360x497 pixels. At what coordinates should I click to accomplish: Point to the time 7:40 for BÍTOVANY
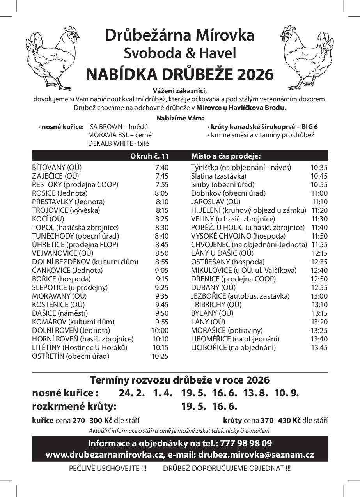point(161,168)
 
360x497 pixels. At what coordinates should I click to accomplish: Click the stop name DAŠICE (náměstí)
point(60,313)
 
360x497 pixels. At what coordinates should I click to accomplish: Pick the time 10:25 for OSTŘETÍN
point(160,356)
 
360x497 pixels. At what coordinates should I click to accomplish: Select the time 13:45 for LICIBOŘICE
point(319,348)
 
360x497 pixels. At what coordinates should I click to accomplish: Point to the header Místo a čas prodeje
point(226,156)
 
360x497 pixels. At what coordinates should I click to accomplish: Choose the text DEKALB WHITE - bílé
point(116,143)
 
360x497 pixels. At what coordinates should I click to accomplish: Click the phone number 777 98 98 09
point(246,443)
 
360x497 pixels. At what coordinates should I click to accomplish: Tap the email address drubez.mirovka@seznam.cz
point(256,455)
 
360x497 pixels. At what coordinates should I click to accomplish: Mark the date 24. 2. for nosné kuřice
point(132,393)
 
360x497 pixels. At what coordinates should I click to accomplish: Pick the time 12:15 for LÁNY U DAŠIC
point(319,253)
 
